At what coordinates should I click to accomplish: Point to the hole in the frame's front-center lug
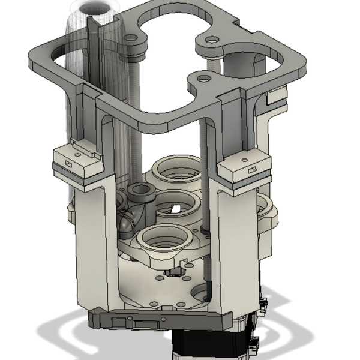[x=203, y=79]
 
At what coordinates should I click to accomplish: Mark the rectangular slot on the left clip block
[x=67, y=163]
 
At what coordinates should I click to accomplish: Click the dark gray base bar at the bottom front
[x=156, y=321]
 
